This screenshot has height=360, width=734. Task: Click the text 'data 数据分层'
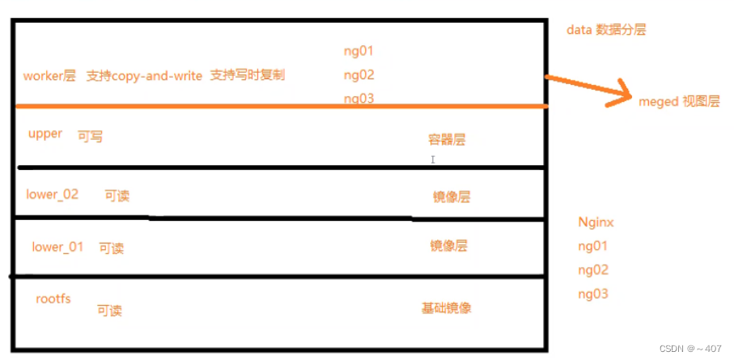point(607,30)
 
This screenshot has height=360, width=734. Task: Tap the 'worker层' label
point(49,76)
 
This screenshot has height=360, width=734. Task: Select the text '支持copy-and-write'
point(144,76)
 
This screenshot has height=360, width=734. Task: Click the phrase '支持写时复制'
point(248,75)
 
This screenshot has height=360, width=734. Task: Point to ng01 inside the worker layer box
point(359,51)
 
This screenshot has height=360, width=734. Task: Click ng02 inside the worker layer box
point(359,75)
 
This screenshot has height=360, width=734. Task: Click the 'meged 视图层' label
point(679,104)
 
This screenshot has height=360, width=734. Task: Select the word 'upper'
point(45,133)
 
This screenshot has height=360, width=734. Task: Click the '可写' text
point(90,137)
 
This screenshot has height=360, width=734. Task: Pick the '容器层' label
point(448,139)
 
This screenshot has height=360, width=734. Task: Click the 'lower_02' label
point(53,194)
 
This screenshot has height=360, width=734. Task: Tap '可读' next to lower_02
point(117,196)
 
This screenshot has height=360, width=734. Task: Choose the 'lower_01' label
point(57,247)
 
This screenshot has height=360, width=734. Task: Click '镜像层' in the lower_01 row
point(448,246)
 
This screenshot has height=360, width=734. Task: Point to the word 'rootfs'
point(53,299)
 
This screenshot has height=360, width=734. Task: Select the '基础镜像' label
point(446,308)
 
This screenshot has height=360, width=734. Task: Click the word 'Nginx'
point(597,222)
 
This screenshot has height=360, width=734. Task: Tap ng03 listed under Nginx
point(593,294)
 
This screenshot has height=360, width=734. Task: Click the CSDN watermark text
point(689,349)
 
